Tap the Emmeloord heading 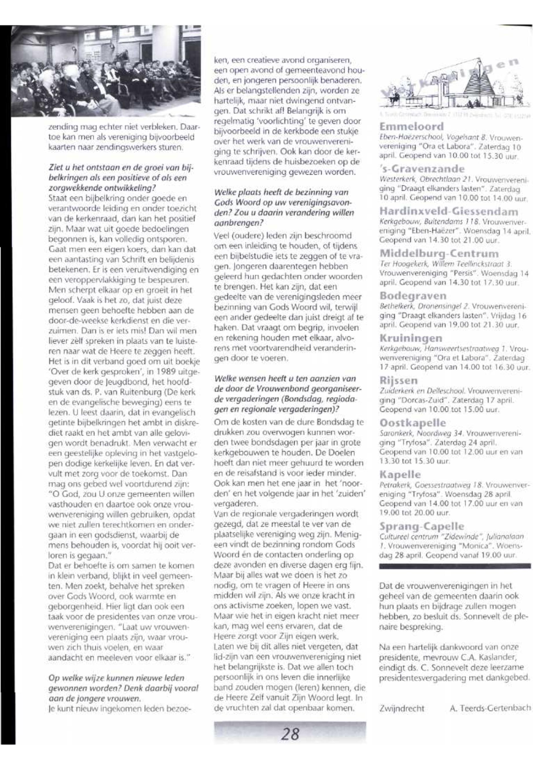(x=412, y=127)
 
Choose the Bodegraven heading (x=413, y=296)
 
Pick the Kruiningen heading (x=411, y=338)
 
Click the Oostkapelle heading (x=413, y=423)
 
